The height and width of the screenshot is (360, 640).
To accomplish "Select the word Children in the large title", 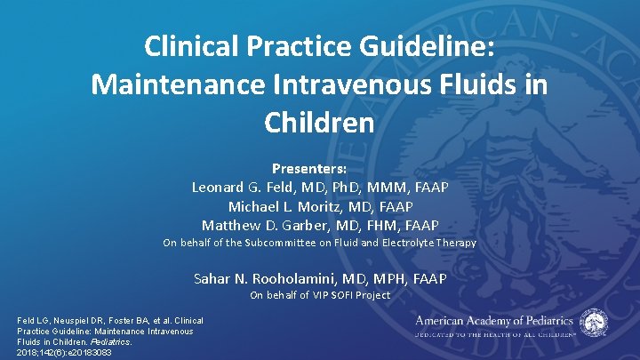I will pos(319,123).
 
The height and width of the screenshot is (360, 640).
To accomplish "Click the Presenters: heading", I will pos(319,167).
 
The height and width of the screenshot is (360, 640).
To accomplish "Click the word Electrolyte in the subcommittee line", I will pos(416,243).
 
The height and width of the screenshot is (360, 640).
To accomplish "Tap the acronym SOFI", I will pos(346,295).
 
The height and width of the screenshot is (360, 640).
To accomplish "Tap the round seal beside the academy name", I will pos(595,323).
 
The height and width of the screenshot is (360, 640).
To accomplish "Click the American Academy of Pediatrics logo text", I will pos(494,320).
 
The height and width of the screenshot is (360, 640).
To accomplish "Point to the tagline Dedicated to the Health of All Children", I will pos(494,334).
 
